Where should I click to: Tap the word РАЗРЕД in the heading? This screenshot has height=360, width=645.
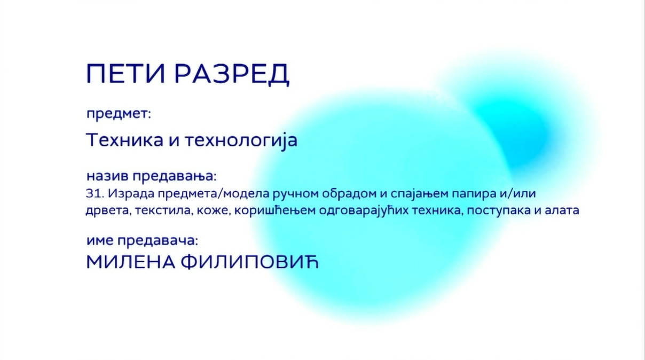[232, 74]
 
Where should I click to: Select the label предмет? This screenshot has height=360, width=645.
[119, 114]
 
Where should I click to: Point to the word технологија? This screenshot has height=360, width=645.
[241, 141]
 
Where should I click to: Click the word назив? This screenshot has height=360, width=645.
[107, 176]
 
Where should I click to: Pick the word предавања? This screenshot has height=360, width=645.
[175, 177]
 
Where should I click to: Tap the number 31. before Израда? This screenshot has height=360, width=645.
[95, 193]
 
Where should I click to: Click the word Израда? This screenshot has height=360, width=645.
[131, 194]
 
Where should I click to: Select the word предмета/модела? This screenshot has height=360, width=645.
[214, 194]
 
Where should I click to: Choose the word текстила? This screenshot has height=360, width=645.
[163, 211]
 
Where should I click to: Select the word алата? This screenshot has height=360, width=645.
[562, 210]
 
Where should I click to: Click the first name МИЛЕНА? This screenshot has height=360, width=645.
[131, 262]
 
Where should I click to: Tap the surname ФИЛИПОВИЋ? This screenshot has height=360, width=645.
[249, 262]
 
